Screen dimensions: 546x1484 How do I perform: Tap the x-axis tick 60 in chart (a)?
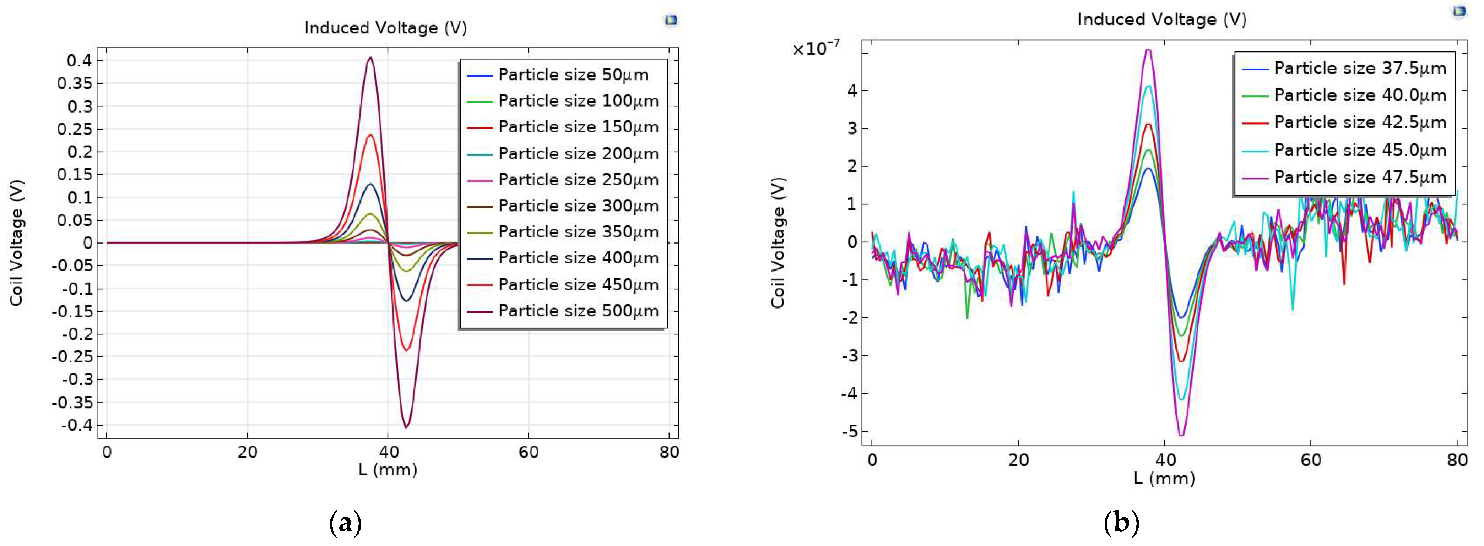coord(528,452)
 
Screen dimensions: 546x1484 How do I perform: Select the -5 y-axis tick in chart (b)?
coord(849,431)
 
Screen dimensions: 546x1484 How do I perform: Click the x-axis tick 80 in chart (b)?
coord(1457,460)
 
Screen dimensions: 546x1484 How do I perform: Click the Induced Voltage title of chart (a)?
coord(385,28)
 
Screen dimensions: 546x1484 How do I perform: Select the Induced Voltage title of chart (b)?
coord(1161,20)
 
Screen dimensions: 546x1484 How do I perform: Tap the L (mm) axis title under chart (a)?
coord(388,469)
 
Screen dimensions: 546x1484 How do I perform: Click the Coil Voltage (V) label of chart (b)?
coord(778,242)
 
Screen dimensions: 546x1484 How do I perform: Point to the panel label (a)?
coord(345,523)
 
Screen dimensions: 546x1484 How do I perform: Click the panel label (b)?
coord(1121,523)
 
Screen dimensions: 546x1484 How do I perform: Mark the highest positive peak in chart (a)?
coord(370,57)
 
